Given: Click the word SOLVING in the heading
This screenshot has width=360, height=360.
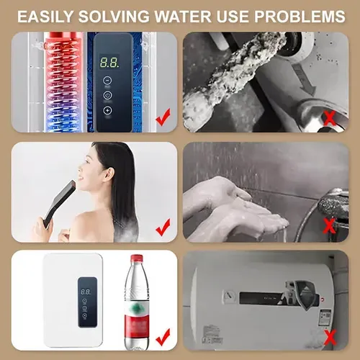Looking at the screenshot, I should (119, 15).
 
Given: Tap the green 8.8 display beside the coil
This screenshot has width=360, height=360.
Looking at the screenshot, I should (109, 63).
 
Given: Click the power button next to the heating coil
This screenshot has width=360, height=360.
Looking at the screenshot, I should (108, 94).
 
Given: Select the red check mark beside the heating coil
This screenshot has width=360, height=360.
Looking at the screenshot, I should (163, 114).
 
